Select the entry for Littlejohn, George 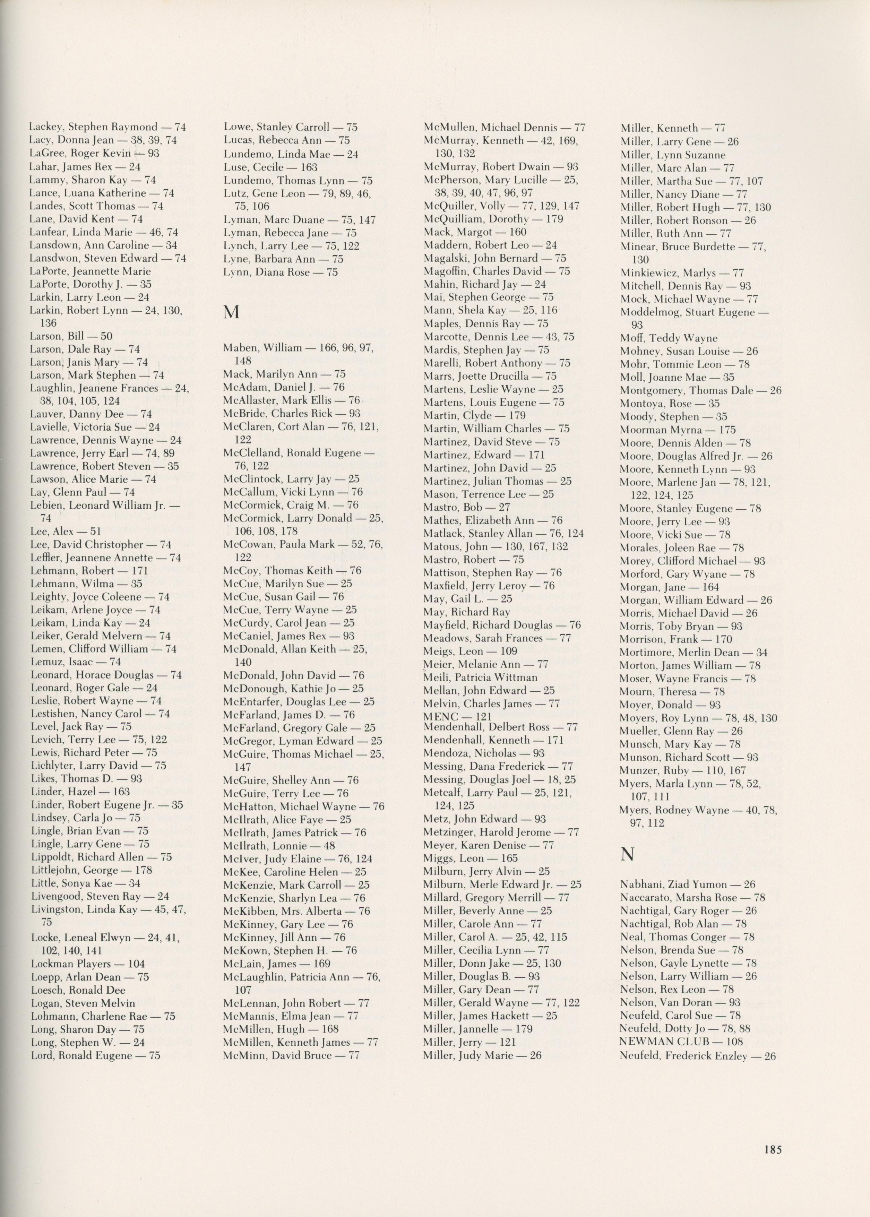pos(91,870)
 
